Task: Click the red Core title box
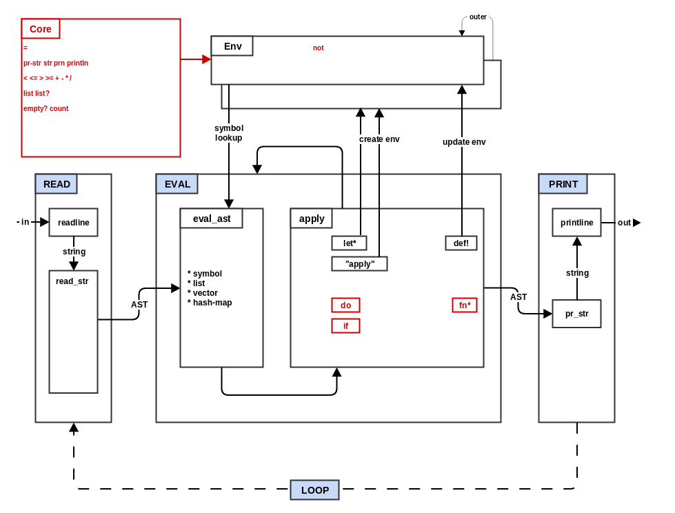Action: pyautogui.click(x=41, y=29)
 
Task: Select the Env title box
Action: pyautogui.click(x=232, y=46)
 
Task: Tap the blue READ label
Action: pyautogui.click(x=57, y=184)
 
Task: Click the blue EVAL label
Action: pyautogui.click(x=177, y=184)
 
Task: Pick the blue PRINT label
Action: pyautogui.click(x=563, y=184)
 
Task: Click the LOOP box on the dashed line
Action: pyautogui.click(x=315, y=490)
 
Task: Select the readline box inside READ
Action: pyautogui.click(x=74, y=223)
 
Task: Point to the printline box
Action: pyautogui.click(x=577, y=223)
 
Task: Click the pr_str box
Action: pyautogui.click(x=577, y=314)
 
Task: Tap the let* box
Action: pyautogui.click(x=350, y=243)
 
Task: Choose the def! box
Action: pyautogui.click(x=461, y=243)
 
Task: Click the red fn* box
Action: pyautogui.click(x=465, y=305)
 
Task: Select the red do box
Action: pyautogui.click(x=346, y=305)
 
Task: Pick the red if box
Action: pyautogui.click(x=346, y=326)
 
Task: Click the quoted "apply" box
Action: pyautogui.click(x=360, y=264)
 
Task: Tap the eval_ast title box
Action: pyautogui.click(x=212, y=219)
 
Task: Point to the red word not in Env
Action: pyautogui.click(x=319, y=48)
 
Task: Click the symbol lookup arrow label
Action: pyautogui.click(x=229, y=133)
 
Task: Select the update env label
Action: pyautogui.click(x=464, y=142)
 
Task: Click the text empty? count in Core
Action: pyautogui.click(x=46, y=109)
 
